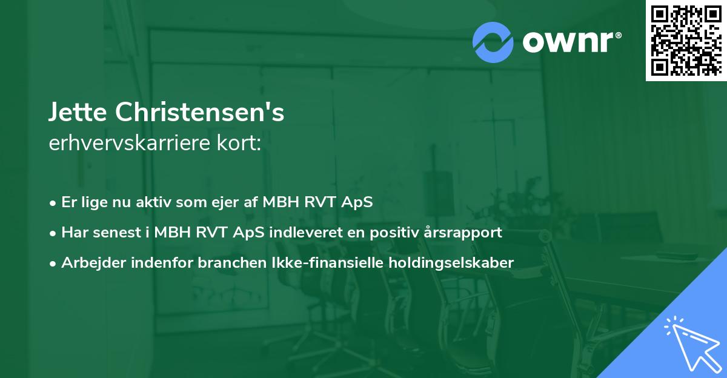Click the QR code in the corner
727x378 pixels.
point(686,40)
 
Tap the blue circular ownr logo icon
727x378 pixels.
point(493,42)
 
